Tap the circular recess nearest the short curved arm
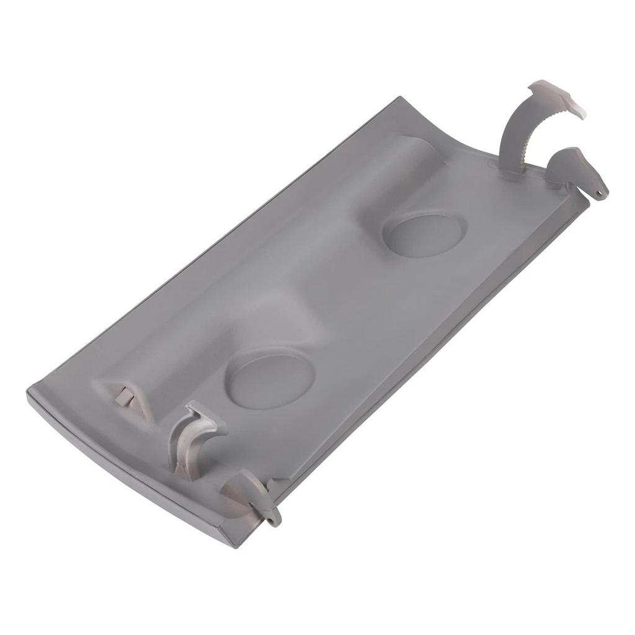[x=270, y=379]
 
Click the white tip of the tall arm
[x=574, y=110]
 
